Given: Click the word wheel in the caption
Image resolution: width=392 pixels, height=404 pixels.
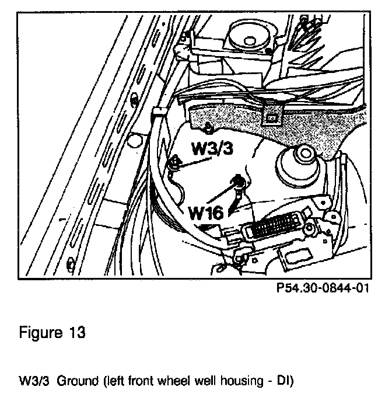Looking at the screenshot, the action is pyautogui.click(x=190, y=382).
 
